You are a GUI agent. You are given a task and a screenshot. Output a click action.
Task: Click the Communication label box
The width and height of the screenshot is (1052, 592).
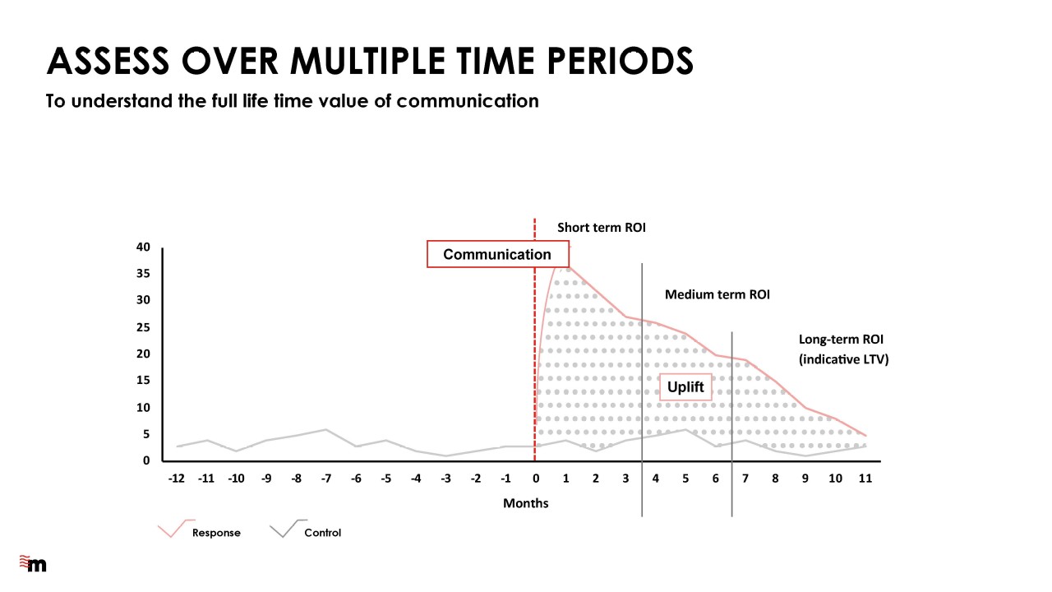(498, 254)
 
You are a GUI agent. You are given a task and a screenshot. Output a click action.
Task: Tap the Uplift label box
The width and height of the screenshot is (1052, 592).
(685, 387)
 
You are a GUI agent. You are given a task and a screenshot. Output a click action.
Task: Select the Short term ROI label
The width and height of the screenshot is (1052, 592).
(601, 228)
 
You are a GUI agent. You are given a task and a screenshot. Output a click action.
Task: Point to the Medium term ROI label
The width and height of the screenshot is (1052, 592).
(717, 294)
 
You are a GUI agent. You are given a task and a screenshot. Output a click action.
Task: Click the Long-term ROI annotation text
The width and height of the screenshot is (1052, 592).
(843, 349)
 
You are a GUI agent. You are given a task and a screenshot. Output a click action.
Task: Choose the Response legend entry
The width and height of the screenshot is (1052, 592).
(200, 530)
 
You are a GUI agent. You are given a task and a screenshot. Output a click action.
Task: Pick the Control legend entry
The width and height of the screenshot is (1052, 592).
(306, 530)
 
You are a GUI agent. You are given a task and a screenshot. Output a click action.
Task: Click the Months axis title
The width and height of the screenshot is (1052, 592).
(525, 503)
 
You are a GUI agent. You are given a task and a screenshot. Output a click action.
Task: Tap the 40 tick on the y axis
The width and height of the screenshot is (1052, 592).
(143, 247)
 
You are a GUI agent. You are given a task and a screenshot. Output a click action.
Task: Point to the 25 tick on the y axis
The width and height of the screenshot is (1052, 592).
(143, 327)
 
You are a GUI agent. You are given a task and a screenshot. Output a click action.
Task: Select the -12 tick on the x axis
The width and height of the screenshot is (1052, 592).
(177, 479)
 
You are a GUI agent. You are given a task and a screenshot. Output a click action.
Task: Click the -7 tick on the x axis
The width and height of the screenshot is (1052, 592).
(326, 479)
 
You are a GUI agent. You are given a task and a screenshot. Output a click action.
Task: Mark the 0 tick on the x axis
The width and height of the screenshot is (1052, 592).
(536, 479)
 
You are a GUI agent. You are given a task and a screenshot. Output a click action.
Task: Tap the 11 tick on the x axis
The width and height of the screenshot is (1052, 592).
(865, 479)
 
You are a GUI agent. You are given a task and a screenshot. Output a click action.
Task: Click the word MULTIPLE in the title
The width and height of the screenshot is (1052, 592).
(367, 61)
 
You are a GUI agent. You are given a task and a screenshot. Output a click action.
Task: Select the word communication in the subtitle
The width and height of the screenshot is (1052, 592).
(468, 101)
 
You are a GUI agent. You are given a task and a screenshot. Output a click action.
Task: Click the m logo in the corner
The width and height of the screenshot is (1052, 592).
(33, 563)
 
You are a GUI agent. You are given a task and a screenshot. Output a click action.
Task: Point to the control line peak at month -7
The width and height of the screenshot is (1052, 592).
(326, 429)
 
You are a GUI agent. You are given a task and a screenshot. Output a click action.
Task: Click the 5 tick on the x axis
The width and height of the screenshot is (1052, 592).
(685, 479)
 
